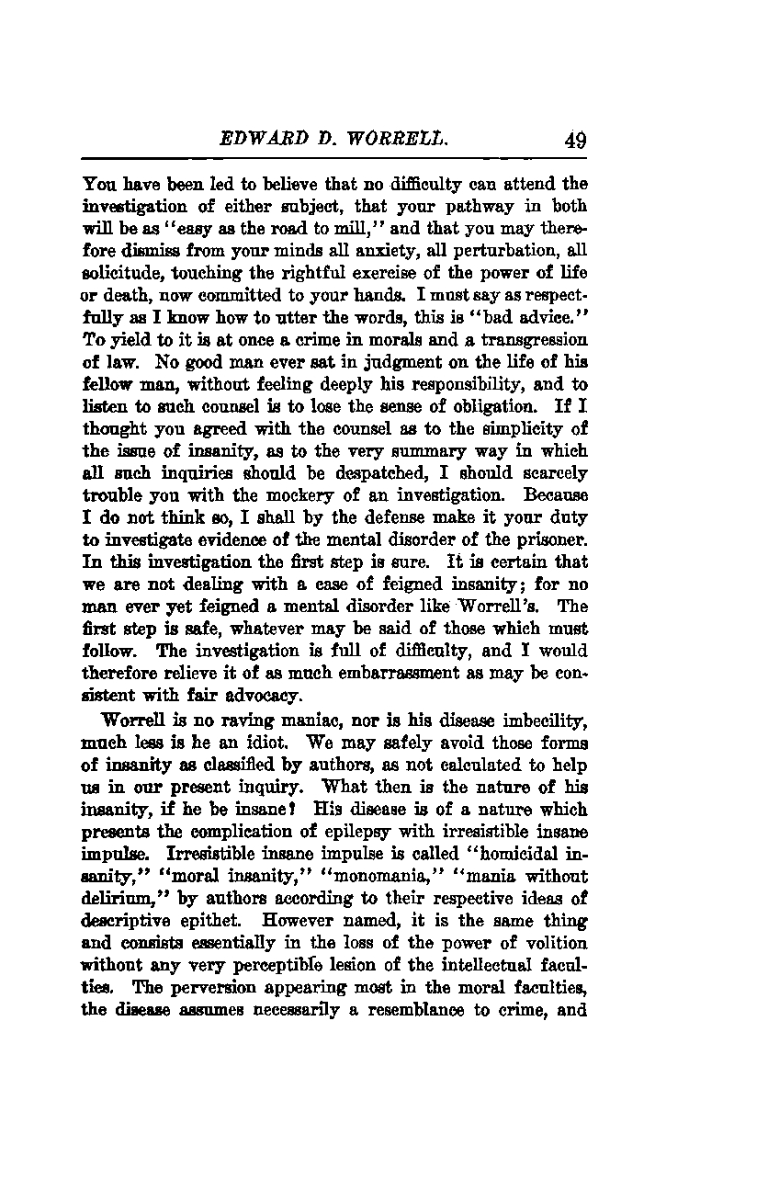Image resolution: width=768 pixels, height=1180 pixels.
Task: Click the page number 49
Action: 576,141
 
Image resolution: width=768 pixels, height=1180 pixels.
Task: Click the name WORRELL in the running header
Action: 378,141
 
